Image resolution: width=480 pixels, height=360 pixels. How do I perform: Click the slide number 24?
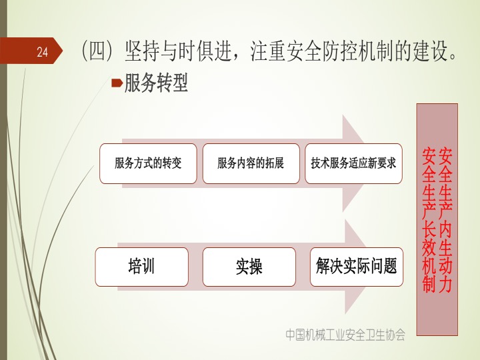(43, 52)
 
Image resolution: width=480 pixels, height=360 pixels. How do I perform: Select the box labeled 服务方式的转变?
(148, 163)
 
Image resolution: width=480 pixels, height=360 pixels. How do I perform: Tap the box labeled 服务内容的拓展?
(251, 163)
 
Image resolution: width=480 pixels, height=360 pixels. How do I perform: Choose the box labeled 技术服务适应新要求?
(353, 163)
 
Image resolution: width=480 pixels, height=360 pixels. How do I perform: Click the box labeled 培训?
(142, 267)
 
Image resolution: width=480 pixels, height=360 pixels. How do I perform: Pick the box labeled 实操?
(249, 267)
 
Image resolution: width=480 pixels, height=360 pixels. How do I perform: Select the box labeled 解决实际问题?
(357, 267)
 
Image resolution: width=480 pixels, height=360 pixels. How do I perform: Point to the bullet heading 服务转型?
(156, 83)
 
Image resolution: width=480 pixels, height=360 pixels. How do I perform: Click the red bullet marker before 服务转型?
(117, 83)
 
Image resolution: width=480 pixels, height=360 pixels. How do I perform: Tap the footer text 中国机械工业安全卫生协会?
(345, 335)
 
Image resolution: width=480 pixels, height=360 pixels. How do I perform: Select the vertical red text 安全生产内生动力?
(445, 219)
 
